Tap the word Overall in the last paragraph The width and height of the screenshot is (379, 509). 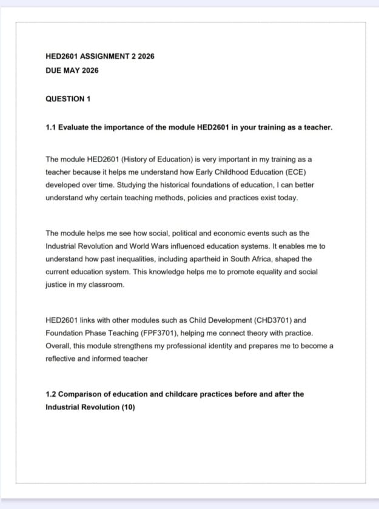pyautogui.click(x=58, y=346)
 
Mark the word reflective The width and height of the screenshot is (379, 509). pyautogui.click(x=61, y=359)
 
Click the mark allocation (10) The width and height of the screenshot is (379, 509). pyautogui.click(x=128, y=406)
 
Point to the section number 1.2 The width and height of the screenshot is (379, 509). pyautogui.click(x=51, y=394)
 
